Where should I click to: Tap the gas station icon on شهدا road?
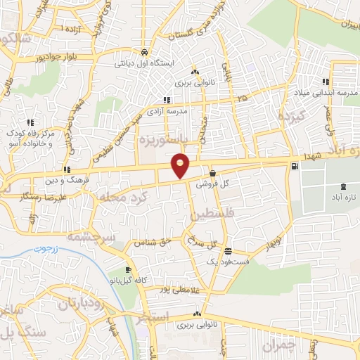[x=293, y=166]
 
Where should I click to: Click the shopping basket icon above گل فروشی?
[x=212, y=172]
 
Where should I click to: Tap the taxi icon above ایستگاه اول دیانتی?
[x=144, y=52]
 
